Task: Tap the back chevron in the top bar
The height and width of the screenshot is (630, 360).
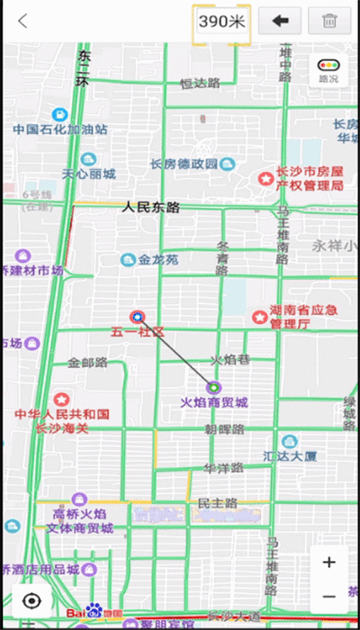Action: coord(22,22)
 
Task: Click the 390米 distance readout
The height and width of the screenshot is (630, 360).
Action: coord(221,22)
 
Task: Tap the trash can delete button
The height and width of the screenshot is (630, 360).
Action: coord(329,22)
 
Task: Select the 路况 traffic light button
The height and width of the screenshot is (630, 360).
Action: coord(329,70)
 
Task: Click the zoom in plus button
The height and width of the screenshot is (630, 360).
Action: coord(329,562)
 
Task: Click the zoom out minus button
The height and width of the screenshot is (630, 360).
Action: coord(329,596)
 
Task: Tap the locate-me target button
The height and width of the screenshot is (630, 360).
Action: coord(32,601)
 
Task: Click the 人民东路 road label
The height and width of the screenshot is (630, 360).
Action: coord(151,208)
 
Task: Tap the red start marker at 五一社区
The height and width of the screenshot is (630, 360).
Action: coord(137,317)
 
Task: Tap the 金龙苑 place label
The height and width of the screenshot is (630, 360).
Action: coord(158,260)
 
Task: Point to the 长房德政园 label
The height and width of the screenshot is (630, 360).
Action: coord(184,164)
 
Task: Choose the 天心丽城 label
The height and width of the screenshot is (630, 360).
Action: coord(88,174)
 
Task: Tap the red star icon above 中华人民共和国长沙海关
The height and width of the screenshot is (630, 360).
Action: coord(61,398)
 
